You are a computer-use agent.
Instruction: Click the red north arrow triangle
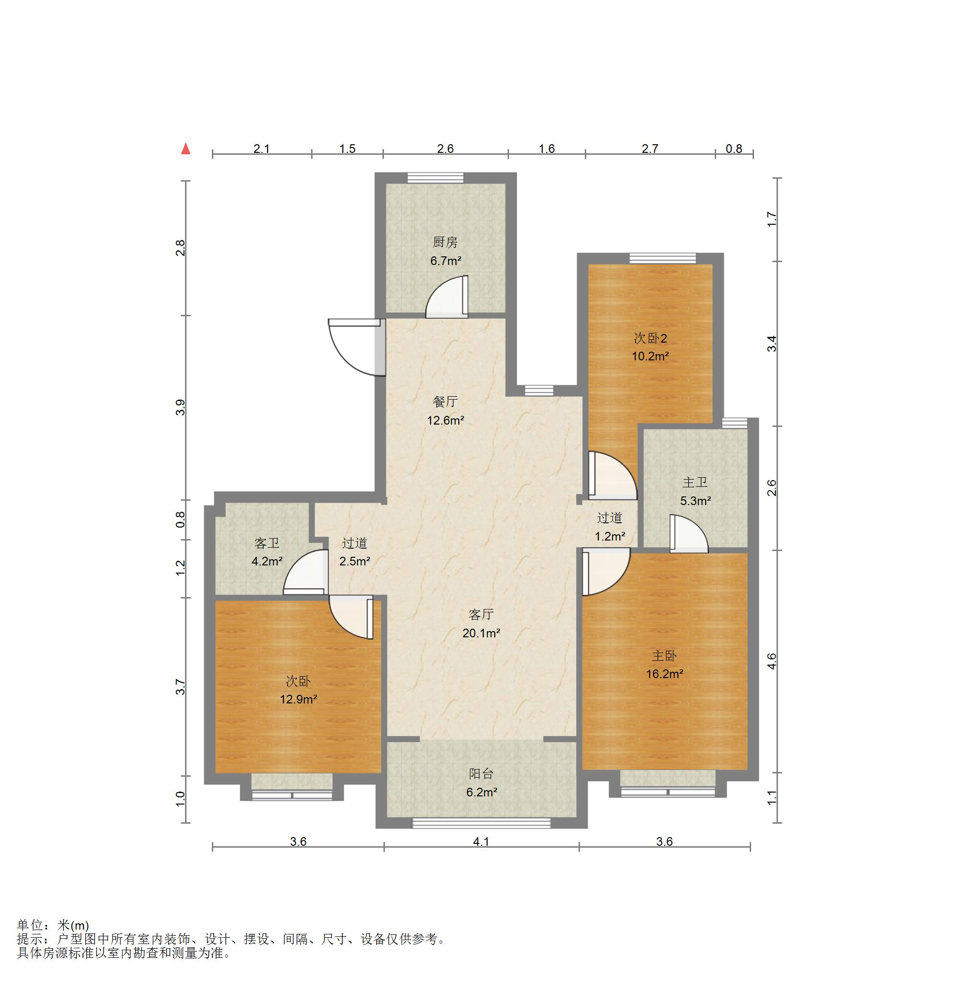pyautogui.click(x=186, y=149)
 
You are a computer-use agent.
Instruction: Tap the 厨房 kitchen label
pyautogui.click(x=445, y=242)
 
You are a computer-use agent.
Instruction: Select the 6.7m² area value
pyautogui.click(x=445, y=261)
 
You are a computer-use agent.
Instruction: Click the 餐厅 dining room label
pyautogui.click(x=445, y=402)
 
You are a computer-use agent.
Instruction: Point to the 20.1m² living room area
pyautogui.click(x=481, y=633)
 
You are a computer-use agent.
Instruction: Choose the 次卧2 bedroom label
pyautogui.click(x=650, y=338)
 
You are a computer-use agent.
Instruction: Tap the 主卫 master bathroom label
pyautogui.click(x=695, y=482)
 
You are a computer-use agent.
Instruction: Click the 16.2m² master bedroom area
pyautogui.click(x=664, y=674)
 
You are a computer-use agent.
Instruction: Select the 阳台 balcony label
pyautogui.click(x=481, y=774)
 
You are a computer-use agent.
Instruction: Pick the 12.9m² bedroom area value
pyautogui.click(x=298, y=699)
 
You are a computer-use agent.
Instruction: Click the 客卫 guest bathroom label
pyautogui.click(x=267, y=543)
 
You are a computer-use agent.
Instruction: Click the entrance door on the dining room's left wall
pyautogui.click(x=357, y=347)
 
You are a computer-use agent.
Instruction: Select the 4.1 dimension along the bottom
pyautogui.click(x=481, y=841)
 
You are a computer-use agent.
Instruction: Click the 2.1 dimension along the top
pyautogui.click(x=262, y=149)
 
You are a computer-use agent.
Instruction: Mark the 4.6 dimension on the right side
pyautogui.click(x=772, y=661)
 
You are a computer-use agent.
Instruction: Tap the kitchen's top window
pyautogui.click(x=435, y=178)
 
